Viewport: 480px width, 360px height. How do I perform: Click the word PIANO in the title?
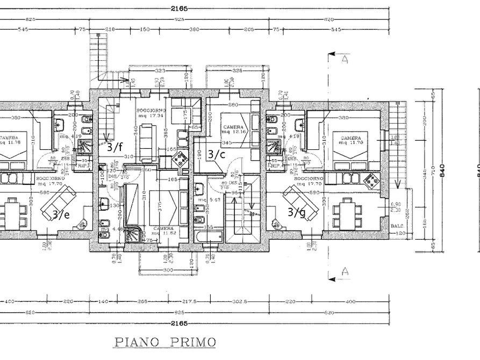[136, 341]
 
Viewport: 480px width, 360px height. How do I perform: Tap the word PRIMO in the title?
[194, 341]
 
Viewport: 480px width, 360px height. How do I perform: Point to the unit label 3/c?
[216, 155]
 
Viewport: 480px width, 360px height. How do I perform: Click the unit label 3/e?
[61, 214]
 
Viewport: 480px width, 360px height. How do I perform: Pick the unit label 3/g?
[297, 212]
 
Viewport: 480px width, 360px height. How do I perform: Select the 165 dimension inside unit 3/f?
[173, 179]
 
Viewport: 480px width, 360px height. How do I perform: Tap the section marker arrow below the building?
[340, 274]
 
